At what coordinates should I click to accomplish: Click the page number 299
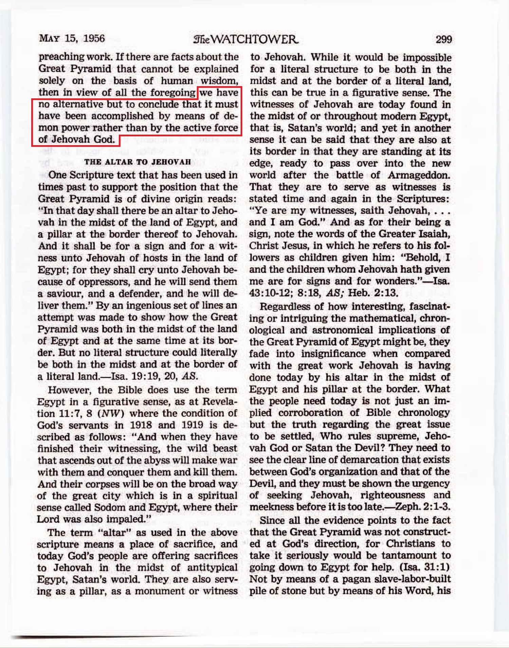444,39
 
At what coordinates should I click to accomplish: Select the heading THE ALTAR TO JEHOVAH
137,162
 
